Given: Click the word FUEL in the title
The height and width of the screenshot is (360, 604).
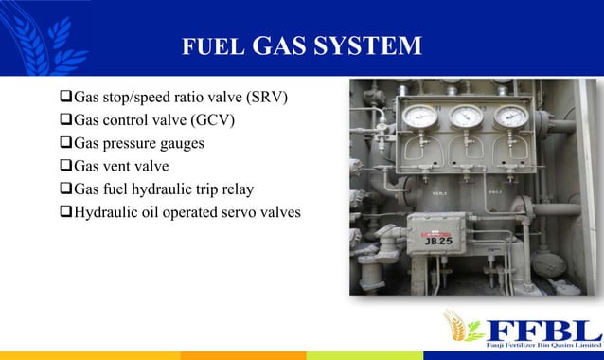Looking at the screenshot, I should (204, 46).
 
